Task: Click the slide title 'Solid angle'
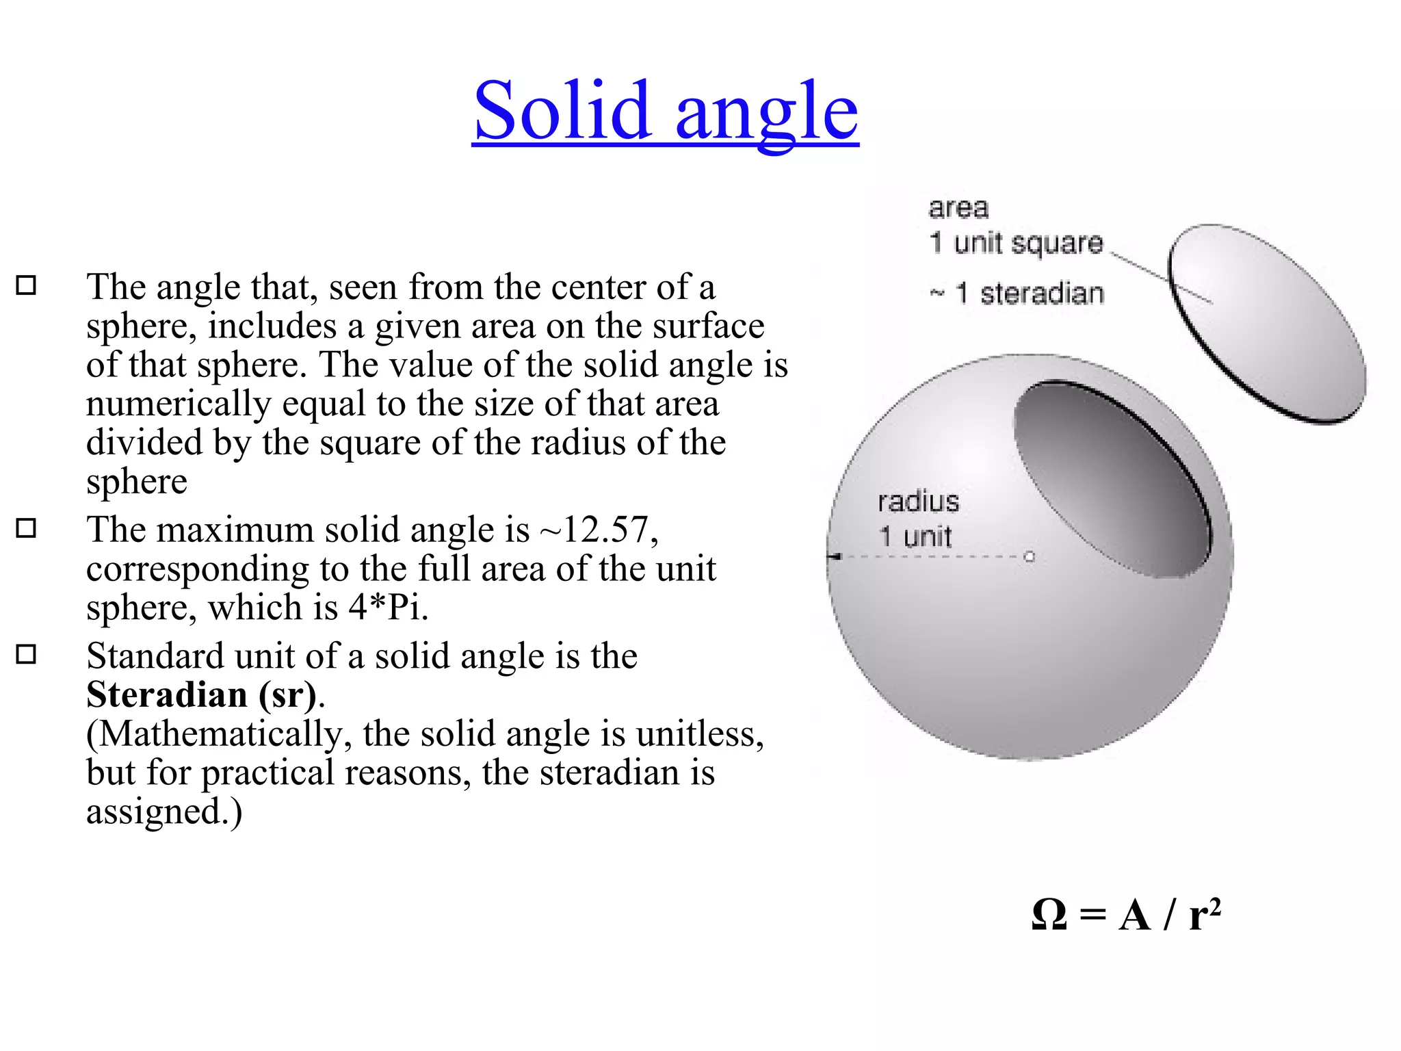pos(665,111)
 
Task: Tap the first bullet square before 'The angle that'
pos(26,285)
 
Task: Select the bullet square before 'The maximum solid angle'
pos(26,528)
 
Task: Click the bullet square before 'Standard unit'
pos(26,654)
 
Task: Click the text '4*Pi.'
pos(388,608)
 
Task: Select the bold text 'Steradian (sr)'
pos(202,695)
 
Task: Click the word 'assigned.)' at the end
pos(164,812)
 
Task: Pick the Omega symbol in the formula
pos(1049,915)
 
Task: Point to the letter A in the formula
pos(1134,916)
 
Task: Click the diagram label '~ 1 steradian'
pos(1017,294)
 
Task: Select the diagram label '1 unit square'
pos(1016,243)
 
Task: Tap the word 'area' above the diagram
pos(958,208)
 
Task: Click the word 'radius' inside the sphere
pos(918,502)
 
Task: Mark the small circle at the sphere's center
pos(1030,557)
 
